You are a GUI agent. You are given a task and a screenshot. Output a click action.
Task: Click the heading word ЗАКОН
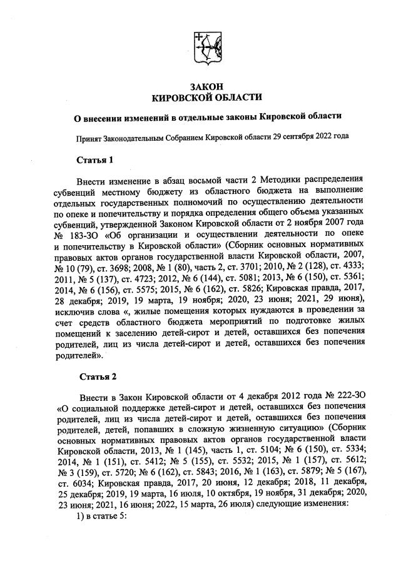[206, 86]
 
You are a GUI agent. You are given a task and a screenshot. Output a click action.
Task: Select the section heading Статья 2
[96, 376]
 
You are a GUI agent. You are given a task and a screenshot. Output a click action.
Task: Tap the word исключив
[78, 310]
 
